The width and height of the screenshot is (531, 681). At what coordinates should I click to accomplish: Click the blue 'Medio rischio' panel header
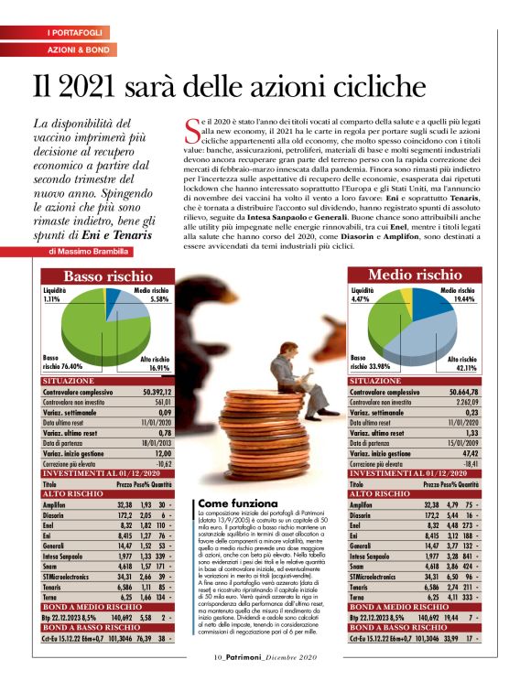[417, 275]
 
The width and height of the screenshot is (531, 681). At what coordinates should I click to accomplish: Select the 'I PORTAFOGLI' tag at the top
[75, 33]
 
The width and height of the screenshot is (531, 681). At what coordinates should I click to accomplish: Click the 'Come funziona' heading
[237, 504]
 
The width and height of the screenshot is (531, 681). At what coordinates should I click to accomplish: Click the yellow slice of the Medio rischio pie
[403, 297]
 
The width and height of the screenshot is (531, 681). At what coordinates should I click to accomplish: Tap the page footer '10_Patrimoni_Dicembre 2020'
[265, 657]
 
